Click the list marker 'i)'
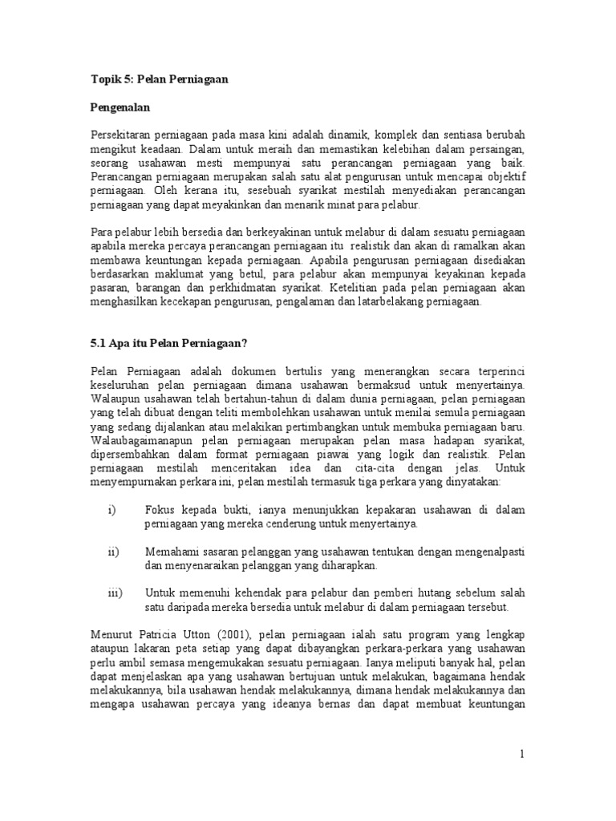111,510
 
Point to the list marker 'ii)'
113,552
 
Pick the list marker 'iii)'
114,593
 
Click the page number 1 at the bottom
521,754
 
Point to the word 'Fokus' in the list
160,510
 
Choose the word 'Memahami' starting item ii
171,552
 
